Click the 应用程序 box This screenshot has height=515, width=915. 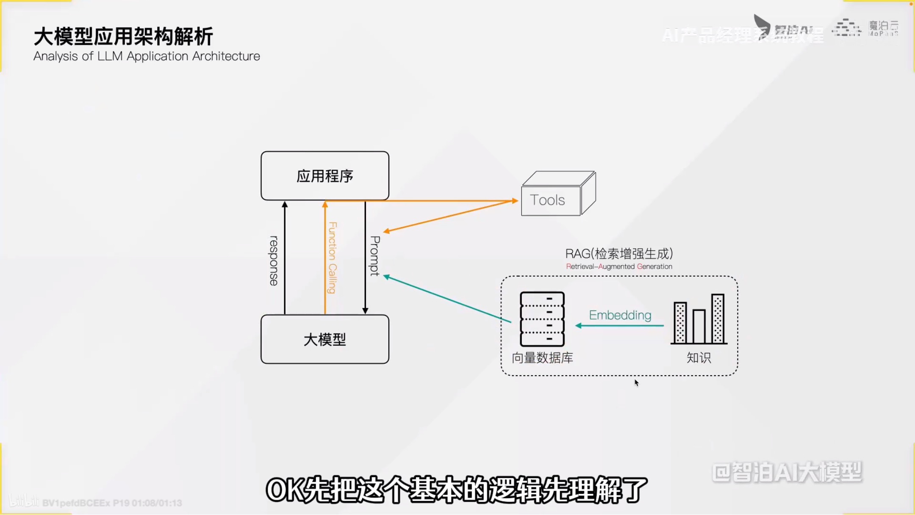click(x=325, y=176)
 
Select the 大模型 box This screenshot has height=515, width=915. click(x=325, y=339)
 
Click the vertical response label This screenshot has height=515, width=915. click(x=274, y=260)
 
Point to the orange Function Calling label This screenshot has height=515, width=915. click(x=333, y=257)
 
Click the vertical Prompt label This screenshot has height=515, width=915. click(x=375, y=256)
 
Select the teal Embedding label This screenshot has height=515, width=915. click(x=620, y=315)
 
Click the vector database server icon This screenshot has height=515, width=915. click(x=542, y=319)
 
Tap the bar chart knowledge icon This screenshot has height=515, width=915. click(x=699, y=319)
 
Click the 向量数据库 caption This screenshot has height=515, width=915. click(x=542, y=358)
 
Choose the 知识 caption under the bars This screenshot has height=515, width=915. click(x=699, y=358)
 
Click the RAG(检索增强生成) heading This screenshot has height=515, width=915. click(x=619, y=254)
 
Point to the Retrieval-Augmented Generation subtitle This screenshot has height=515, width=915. click(x=619, y=266)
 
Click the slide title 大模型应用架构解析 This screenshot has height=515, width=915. click(x=123, y=36)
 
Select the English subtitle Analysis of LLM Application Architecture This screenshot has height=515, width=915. click(x=147, y=56)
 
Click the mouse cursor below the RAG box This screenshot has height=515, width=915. click(x=636, y=382)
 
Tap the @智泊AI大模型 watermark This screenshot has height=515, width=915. click(x=787, y=472)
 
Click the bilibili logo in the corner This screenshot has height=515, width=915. click(x=23, y=501)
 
